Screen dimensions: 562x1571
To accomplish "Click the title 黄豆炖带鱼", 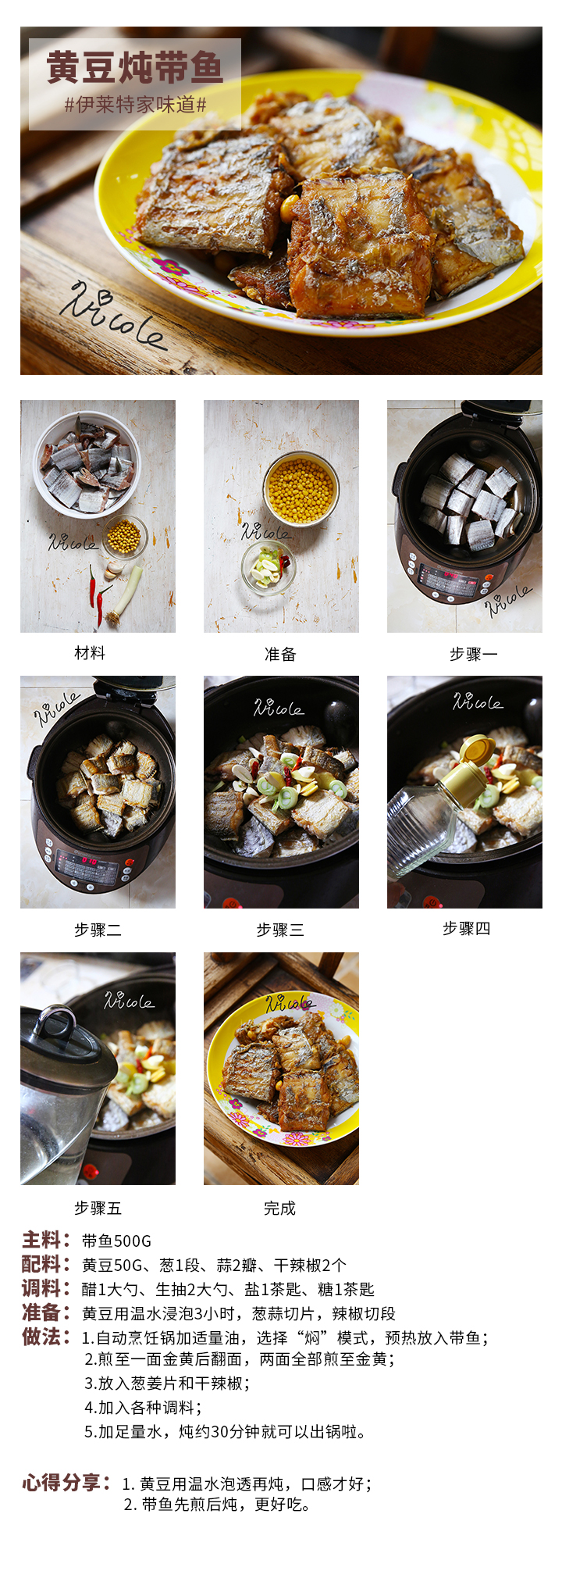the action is (135, 67).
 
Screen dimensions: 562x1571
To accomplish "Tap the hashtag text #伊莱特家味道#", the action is (135, 105).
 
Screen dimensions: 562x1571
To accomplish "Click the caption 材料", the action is (90, 653).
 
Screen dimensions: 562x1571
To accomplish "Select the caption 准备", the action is (280, 654).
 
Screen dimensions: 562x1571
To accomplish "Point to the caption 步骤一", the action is (474, 654).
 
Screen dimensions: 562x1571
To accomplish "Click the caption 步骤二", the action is (98, 930).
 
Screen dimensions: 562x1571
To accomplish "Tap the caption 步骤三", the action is (280, 930).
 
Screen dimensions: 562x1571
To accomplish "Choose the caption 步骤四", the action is (467, 928).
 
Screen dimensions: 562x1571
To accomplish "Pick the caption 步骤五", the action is (98, 1208).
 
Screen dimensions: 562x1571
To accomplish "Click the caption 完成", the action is (280, 1208).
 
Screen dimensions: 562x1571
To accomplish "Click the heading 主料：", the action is (48, 1240).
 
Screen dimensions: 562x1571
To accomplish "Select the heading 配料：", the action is (48, 1264).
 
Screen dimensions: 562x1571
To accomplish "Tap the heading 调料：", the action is (48, 1288).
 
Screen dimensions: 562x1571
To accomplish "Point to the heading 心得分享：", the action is (67, 1482).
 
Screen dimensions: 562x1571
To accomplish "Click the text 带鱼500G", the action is (117, 1241).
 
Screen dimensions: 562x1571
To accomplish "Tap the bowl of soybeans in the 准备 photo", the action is (301, 490).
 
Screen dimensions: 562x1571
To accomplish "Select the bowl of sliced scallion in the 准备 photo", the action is (268, 566).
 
